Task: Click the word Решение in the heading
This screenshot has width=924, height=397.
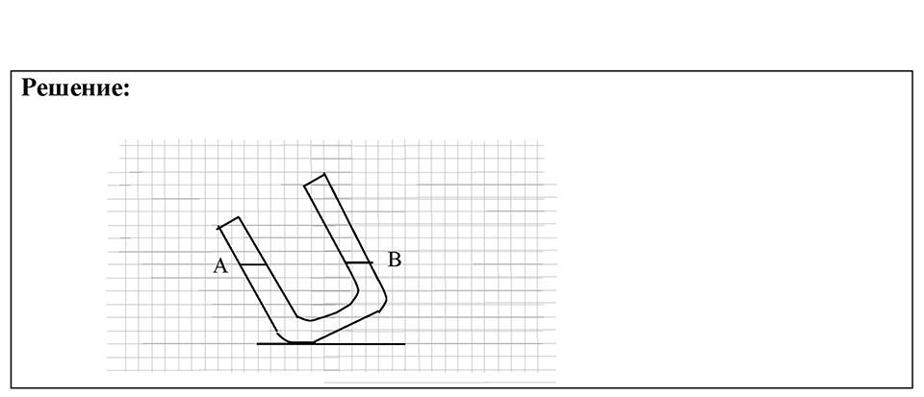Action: click(72, 87)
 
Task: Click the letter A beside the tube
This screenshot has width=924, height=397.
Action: click(220, 266)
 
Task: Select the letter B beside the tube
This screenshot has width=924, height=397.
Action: click(395, 260)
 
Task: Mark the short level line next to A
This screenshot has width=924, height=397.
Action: click(254, 264)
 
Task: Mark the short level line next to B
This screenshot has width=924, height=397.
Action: click(358, 262)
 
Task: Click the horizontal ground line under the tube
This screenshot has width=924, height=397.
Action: click(331, 343)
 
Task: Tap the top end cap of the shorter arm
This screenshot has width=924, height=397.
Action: click(229, 222)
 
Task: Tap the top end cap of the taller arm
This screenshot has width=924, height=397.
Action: click(314, 180)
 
